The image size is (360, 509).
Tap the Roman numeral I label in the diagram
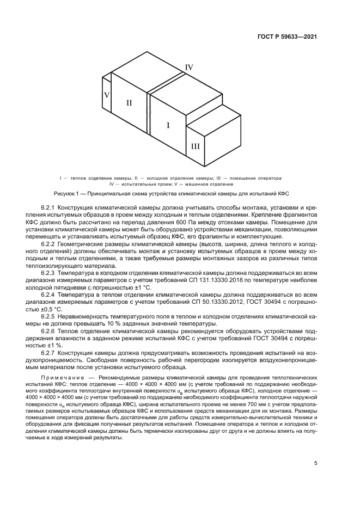(168, 125)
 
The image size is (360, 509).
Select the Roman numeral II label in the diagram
(129, 102)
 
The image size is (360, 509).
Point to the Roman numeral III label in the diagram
(195, 146)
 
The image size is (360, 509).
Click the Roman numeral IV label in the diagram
(189, 67)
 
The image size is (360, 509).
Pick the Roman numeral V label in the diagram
(107, 94)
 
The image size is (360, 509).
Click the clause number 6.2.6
(50, 330)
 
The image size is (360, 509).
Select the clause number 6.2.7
(50, 352)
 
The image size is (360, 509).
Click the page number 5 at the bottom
(315, 464)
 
